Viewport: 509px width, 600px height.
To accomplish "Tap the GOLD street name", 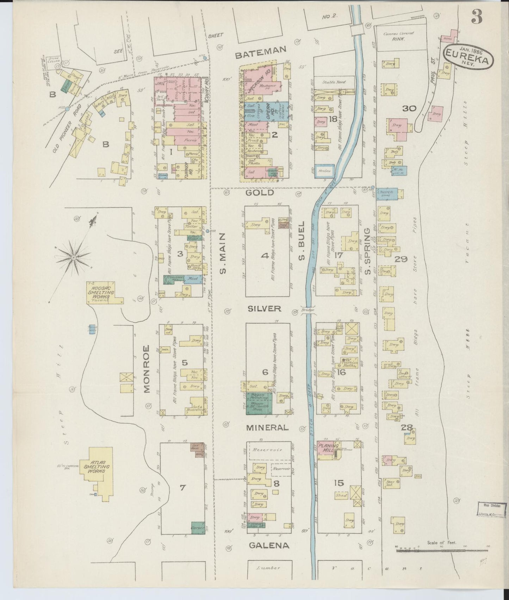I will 260,193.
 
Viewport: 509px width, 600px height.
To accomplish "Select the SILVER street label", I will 265,308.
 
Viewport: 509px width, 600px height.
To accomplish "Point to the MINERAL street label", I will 267,427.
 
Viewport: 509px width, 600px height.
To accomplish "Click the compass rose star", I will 73,258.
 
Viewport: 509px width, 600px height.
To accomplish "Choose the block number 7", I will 182,488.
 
